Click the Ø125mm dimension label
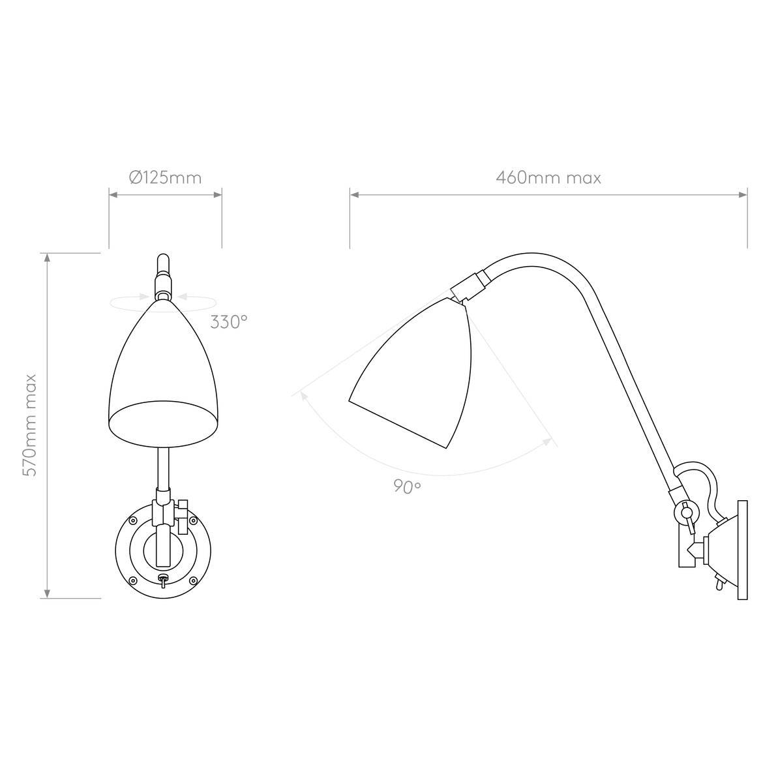[x=166, y=177]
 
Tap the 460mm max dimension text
[x=548, y=177]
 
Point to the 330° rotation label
[x=229, y=322]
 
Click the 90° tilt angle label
[x=408, y=486]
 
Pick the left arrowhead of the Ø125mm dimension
[x=113, y=195]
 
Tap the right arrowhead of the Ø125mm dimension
[x=218, y=195]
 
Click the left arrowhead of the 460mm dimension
[x=354, y=195]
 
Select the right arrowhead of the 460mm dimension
[x=743, y=195]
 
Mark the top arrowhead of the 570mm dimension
[x=47, y=258]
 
